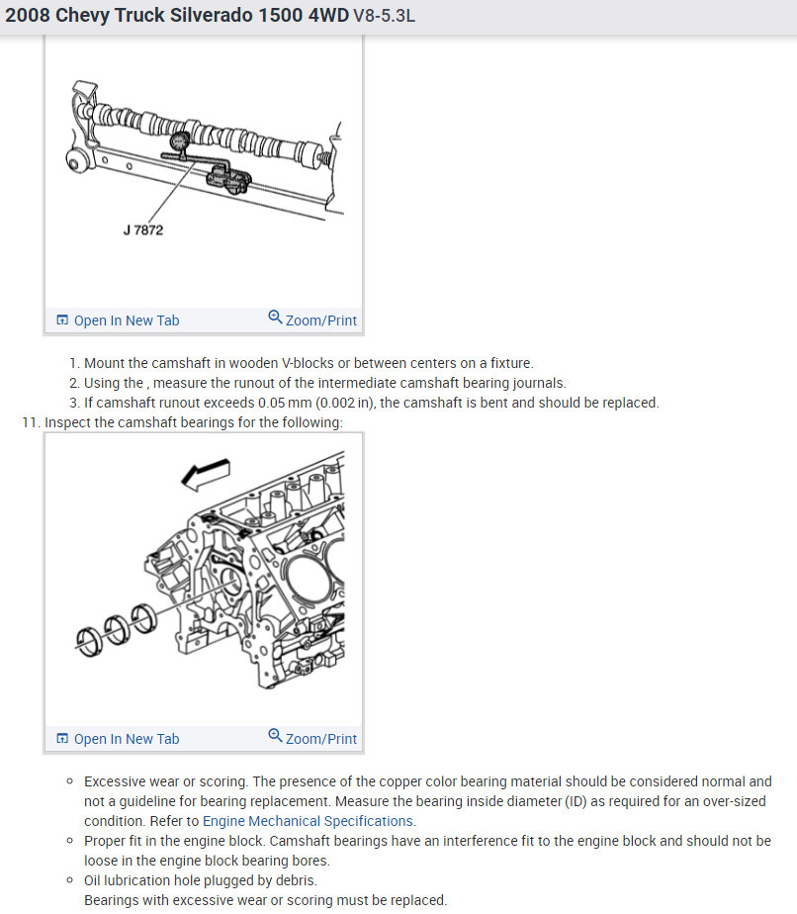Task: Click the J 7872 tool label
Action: click(x=142, y=230)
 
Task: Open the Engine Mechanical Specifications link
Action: click(x=308, y=821)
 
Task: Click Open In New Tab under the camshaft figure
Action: click(x=118, y=320)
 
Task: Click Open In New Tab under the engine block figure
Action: click(x=118, y=739)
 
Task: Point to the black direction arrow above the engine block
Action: click(x=206, y=474)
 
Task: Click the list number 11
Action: click(x=30, y=422)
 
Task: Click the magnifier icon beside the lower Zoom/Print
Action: click(x=275, y=738)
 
